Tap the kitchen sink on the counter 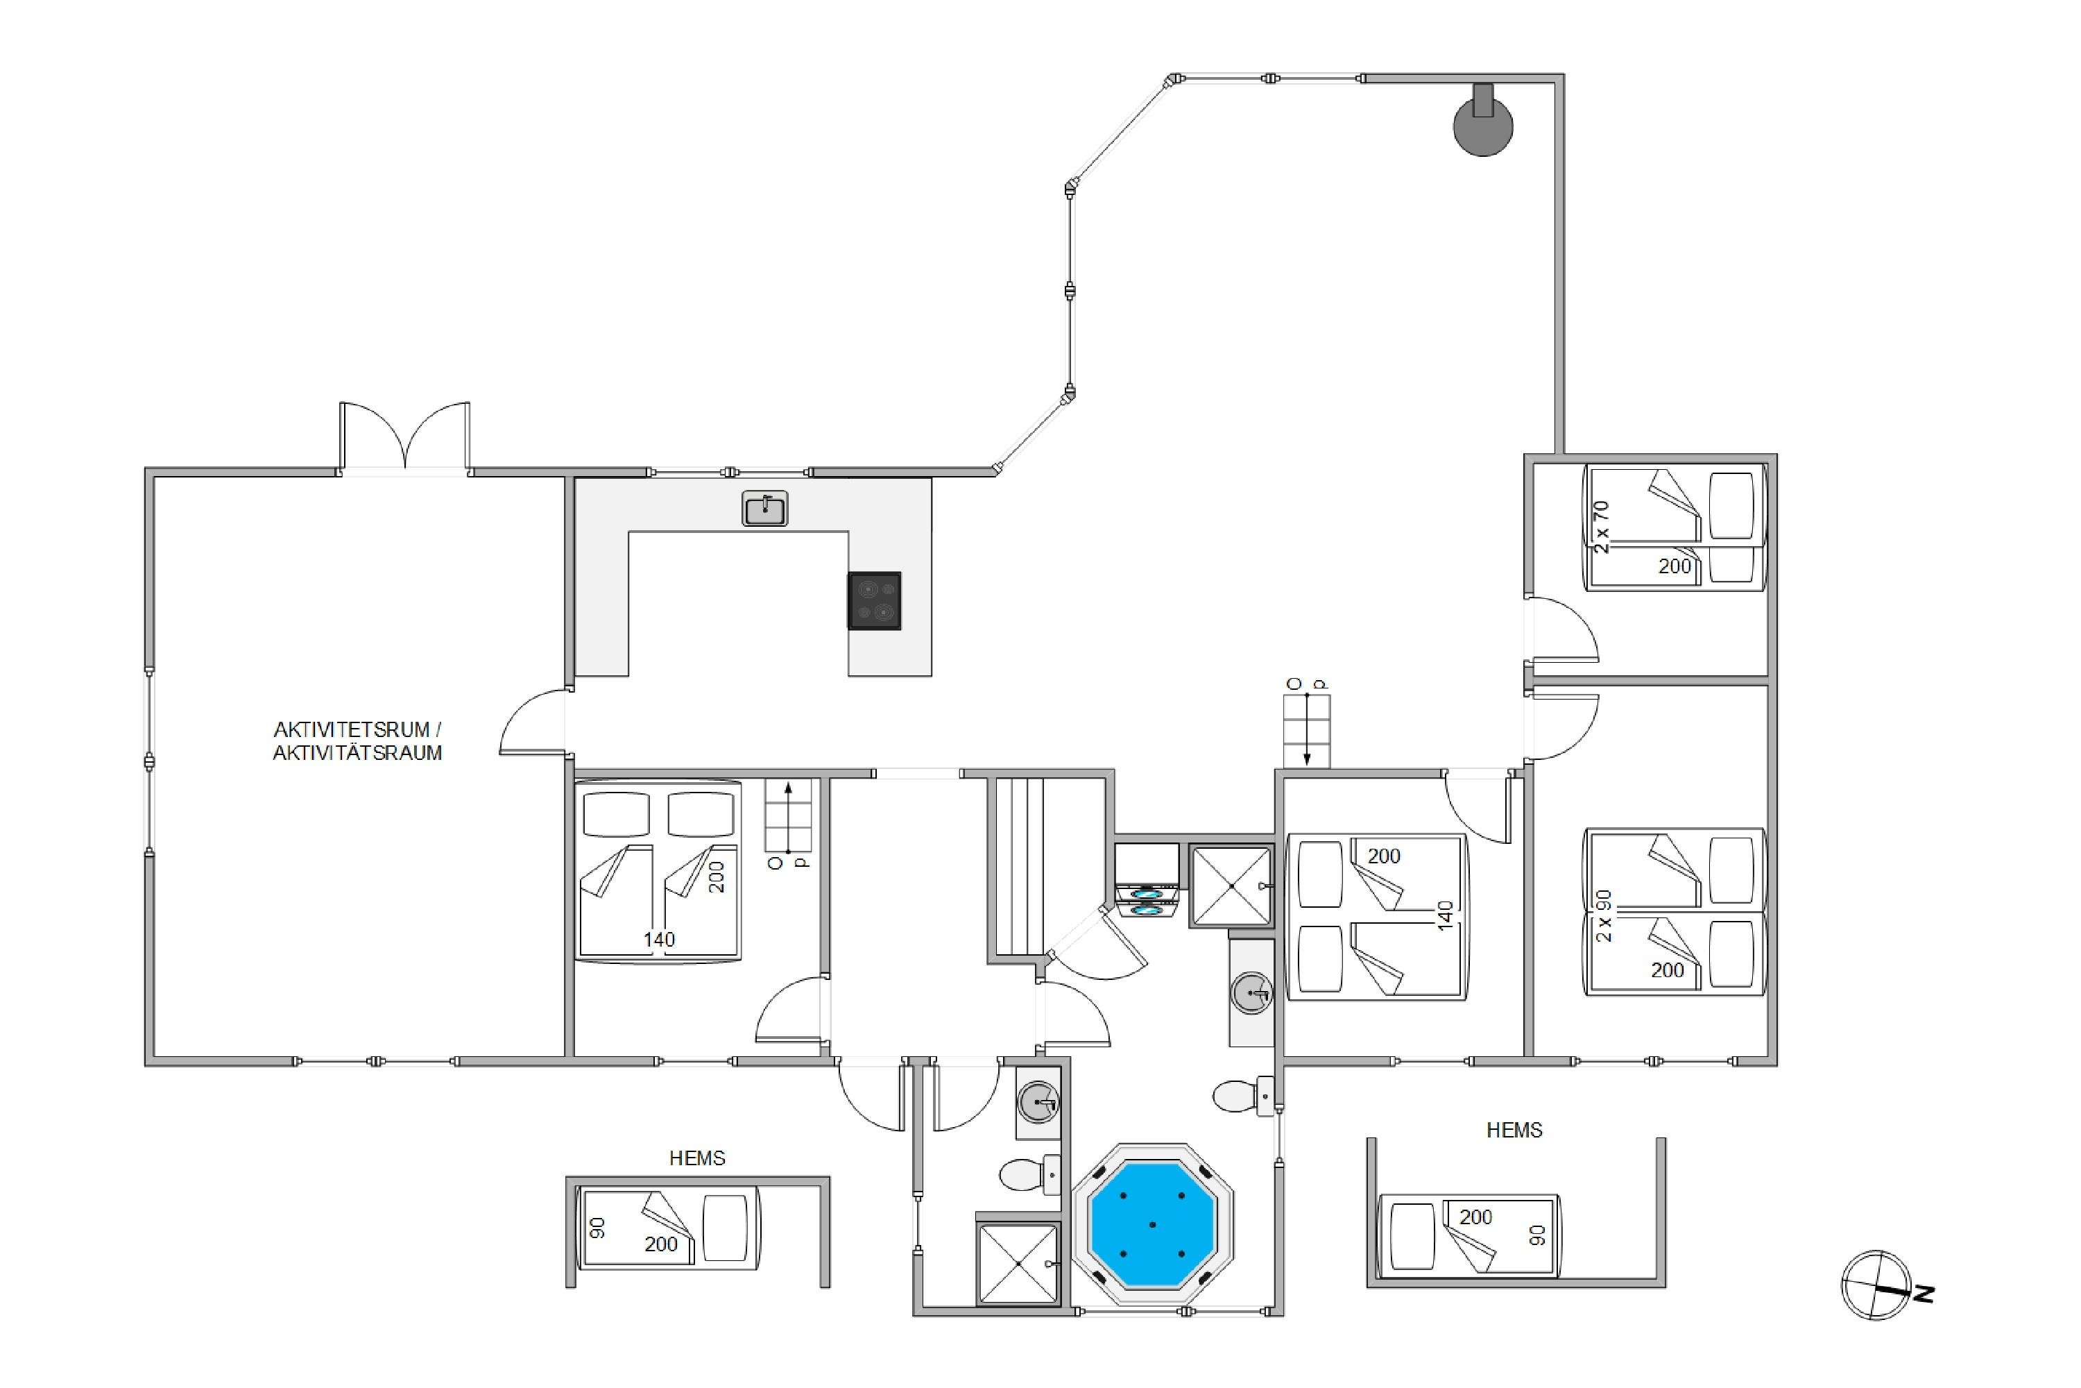(764, 509)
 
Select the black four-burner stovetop (874, 601)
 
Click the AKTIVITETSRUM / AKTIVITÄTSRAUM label (357, 741)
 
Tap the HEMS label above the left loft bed (697, 1158)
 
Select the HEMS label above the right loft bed (1514, 1130)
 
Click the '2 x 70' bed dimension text (1602, 527)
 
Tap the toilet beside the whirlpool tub (1243, 1097)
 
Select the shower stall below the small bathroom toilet (1018, 1264)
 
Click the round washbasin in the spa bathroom (1252, 992)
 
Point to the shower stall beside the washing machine (1231, 886)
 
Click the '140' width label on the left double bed (659, 939)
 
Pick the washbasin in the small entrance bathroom (1038, 1102)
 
